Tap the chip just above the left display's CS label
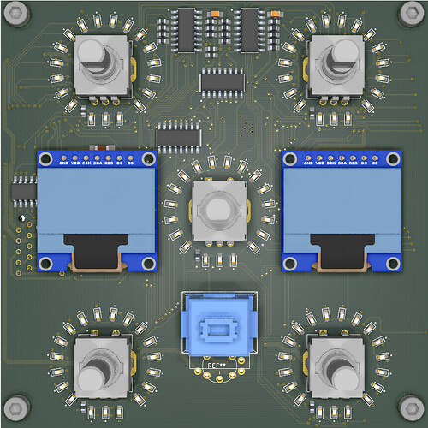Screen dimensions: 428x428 coord(178,134)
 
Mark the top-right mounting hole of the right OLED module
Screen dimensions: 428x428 coord(391,158)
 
